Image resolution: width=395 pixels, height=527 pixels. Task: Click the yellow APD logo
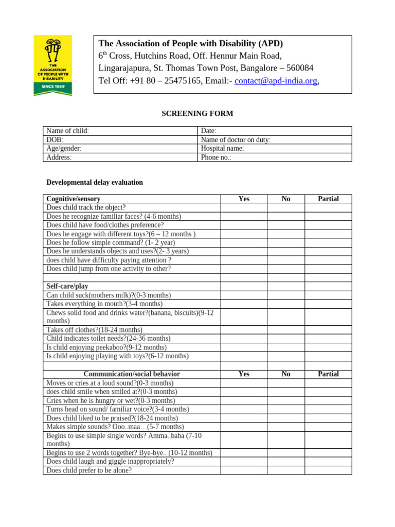[52, 65]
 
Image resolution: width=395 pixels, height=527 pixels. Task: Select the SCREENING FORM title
[197, 113]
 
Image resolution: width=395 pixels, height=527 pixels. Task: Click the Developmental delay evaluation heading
[95, 182]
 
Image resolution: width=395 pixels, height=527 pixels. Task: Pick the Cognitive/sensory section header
[74, 199]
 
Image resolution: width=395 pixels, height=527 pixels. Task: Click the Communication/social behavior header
[132, 374]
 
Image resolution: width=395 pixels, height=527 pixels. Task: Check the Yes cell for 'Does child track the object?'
[244, 207]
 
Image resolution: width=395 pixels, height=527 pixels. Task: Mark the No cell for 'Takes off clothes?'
[285, 330]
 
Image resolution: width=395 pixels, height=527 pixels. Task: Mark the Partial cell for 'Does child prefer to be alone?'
[328, 470]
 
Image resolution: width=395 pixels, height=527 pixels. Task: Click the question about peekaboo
[106, 347]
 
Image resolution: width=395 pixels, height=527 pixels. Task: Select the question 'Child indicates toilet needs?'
[108, 339]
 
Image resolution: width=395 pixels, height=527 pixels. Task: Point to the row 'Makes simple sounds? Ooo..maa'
[115, 427]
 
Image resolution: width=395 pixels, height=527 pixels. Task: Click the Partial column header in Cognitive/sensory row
[328, 199]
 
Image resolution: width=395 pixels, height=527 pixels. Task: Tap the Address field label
[59, 157]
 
